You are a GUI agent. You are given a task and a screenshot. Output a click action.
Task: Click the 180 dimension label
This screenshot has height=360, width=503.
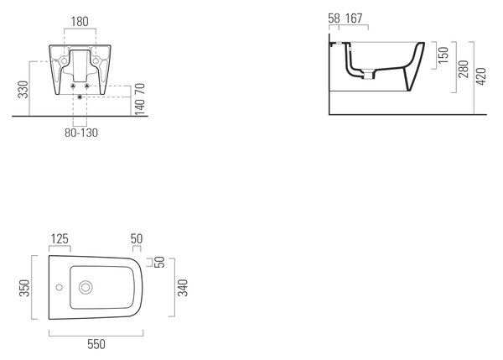pos(80,22)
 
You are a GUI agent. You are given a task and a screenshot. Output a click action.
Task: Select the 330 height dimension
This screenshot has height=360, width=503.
pos(23,89)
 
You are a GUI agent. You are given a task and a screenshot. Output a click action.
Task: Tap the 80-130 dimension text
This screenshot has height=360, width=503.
pos(81,133)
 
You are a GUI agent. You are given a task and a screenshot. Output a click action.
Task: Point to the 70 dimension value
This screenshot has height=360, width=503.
pos(140,88)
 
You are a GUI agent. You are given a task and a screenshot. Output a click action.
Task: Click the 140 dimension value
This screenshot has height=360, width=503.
pos(140,107)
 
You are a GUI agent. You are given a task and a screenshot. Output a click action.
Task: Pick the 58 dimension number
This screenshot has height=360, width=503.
pos(334,18)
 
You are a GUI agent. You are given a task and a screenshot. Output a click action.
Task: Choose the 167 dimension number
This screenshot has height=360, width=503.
pos(354,18)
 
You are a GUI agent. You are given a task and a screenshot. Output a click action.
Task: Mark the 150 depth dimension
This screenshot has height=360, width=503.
pos(443,55)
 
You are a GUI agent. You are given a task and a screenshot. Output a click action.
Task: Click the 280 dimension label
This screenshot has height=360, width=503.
pos(464,69)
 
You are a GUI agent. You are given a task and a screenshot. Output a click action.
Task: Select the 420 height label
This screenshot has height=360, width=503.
pos(481,76)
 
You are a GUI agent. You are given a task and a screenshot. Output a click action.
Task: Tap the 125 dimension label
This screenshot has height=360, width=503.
pos(60,239)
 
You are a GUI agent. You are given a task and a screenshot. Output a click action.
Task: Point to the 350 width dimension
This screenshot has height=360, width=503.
pos(24,288)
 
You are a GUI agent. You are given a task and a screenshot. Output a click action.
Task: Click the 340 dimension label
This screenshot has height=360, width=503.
pos(183,288)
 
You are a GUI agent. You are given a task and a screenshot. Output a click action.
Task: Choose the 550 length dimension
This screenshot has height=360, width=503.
pos(96,344)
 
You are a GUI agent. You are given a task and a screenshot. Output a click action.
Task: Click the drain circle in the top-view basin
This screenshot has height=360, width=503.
pos(86,288)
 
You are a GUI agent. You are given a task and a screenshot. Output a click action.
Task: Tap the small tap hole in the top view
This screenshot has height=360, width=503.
pos(59,287)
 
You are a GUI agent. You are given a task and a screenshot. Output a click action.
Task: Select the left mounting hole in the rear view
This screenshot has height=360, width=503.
pos(65,61)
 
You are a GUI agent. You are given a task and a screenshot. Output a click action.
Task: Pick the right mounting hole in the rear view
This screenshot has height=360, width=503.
pos(96,61)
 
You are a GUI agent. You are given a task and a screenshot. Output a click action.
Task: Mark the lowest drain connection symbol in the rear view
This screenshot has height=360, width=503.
pos(80,97)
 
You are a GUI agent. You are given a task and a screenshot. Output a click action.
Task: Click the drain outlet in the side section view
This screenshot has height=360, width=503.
pos(368,76)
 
